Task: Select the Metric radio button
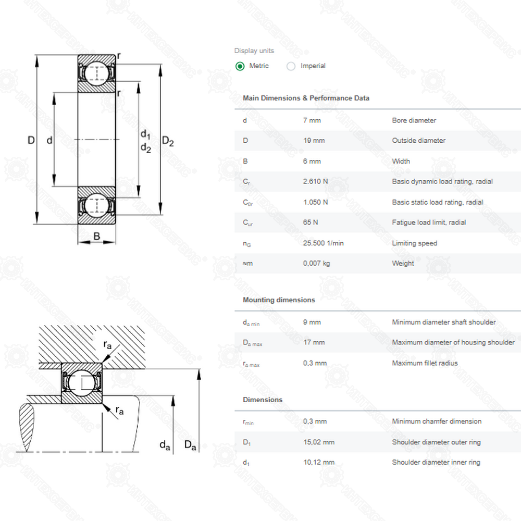240,66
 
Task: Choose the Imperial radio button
291,66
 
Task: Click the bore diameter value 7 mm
312,120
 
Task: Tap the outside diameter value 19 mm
314,141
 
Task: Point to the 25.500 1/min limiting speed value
323,243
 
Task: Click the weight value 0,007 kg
316,264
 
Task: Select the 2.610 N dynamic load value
315,181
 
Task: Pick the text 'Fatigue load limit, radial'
429,222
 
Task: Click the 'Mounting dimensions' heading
279,300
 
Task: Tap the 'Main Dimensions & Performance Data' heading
306,98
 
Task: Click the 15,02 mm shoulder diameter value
319,442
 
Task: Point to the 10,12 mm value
319,462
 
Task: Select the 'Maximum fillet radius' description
425,363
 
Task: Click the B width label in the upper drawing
97,236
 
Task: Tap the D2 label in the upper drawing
168,142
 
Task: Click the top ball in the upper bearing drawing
96,73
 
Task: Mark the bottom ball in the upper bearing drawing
96,205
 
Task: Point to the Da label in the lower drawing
190,445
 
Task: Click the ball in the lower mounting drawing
81,383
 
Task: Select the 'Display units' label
254,51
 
